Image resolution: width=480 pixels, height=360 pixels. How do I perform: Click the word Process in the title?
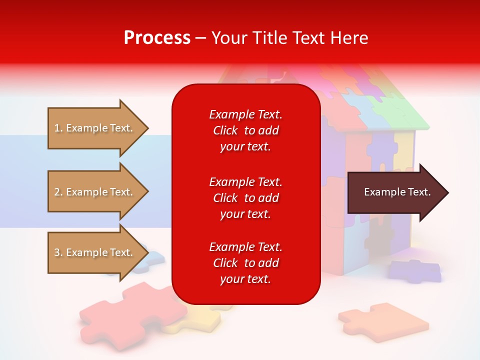pyautogui.click(x=157, y=38)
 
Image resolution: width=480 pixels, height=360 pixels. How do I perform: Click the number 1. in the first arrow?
pyautogui.click(x=58, y=128)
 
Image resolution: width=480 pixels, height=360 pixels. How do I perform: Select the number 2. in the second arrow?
pyautogui.click(x=58, y=192)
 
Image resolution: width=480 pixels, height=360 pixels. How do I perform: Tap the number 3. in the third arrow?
pyautogui.click(x=58, y=252)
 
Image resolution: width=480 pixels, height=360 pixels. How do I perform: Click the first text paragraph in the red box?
pyautogui.click(x=245, y=130)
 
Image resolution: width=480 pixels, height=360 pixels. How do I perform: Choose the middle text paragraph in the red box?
pyautogui.click(x=245, y=198)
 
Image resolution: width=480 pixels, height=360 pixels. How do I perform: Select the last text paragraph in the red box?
pyautogui.click(x=245, y=263)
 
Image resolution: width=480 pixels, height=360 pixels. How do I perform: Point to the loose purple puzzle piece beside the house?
pyautogui.click(x=415, y=270)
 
